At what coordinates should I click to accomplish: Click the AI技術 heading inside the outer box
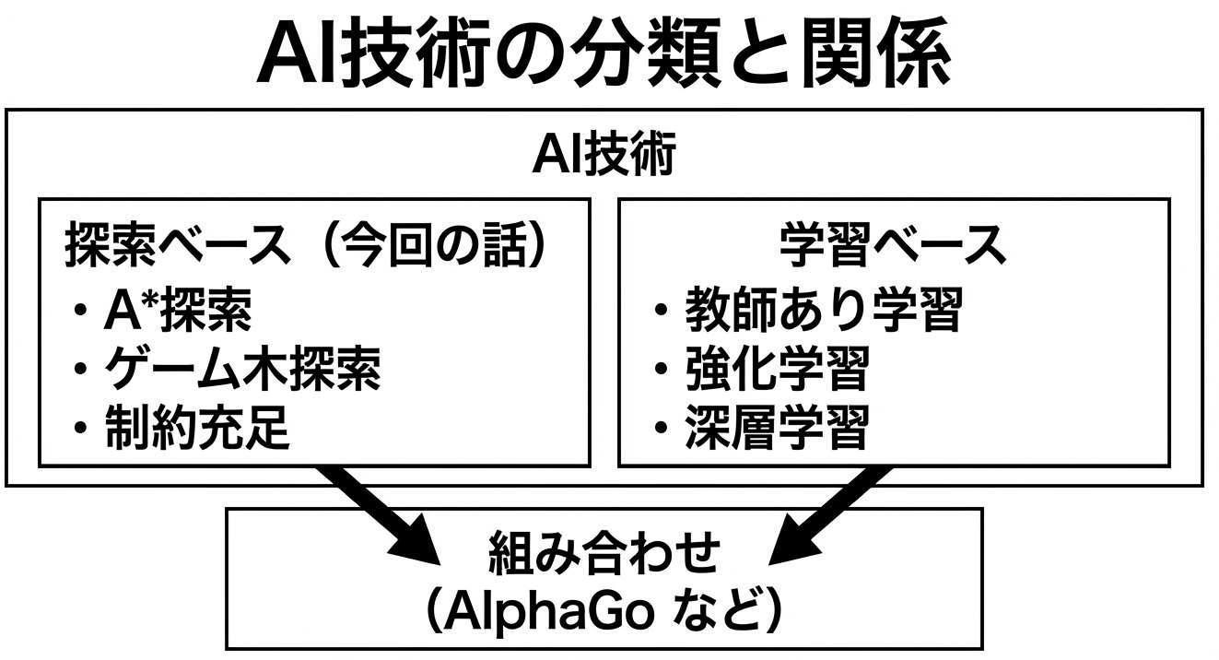click(604, 155)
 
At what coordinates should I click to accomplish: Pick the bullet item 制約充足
click(197, 429)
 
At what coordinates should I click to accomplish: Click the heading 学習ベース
click(892, 247)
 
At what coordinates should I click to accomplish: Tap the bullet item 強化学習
click(776, 371)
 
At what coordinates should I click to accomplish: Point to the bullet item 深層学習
click(776, 429)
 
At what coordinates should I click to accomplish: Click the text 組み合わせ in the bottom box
click(604, 555)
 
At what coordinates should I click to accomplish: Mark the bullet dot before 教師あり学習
click(662, 312)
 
